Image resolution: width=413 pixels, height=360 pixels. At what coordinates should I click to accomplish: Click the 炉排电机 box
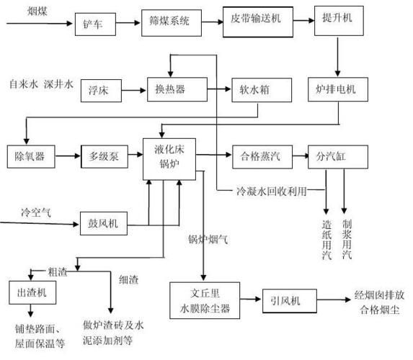click(x=337, y=89)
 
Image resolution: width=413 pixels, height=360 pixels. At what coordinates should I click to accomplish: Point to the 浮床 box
click(x=100, y=90)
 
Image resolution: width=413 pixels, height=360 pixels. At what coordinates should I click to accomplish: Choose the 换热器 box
click(x=171, y=89)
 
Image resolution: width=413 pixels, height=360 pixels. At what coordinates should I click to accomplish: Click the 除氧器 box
click(x=26, y=156)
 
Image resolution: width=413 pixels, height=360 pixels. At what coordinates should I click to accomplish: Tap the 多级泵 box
click(x=102, y=156)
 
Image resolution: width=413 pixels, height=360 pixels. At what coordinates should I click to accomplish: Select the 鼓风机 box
click(x=103, y=223)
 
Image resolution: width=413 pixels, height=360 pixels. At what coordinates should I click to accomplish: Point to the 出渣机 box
click(x=30, y=292)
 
